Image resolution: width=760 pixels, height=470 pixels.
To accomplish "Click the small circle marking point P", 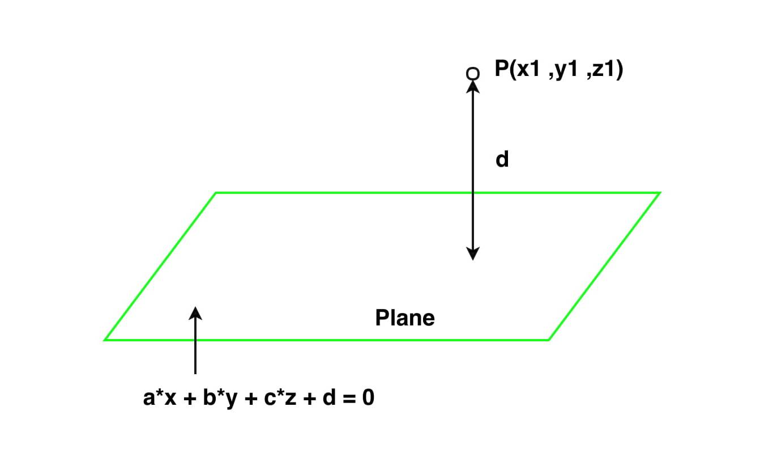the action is [x=473, y=74].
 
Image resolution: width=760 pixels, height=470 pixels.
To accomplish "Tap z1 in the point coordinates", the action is [x=604, y=69].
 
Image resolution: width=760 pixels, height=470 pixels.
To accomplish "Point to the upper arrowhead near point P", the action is [x=473, y=87].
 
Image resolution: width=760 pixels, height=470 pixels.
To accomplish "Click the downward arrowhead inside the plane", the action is [x=473, y=253].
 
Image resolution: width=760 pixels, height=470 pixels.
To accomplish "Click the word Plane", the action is [x=405, y=318].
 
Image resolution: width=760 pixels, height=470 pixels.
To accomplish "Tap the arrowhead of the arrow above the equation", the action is [x=195, y=313].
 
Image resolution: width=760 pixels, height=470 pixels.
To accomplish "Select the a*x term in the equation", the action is [x=160, y=397].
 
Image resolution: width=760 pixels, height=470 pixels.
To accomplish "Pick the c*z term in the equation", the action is [x=280, y=397].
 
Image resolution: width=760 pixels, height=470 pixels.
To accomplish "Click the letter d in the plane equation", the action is [x=329, y=397].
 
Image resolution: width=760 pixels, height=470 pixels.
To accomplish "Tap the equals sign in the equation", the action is [x=349, y=399].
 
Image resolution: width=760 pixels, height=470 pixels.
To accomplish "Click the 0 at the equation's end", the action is [x=368, y=397].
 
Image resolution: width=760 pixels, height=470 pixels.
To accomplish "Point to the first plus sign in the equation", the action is [x=190, y=399].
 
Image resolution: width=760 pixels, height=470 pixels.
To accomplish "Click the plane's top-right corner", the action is [x=659, y=193].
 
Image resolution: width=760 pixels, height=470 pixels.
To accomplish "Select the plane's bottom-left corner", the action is [x=105, y=339].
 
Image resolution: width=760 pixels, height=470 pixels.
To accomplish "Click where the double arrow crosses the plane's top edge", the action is [x=473, y=193].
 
